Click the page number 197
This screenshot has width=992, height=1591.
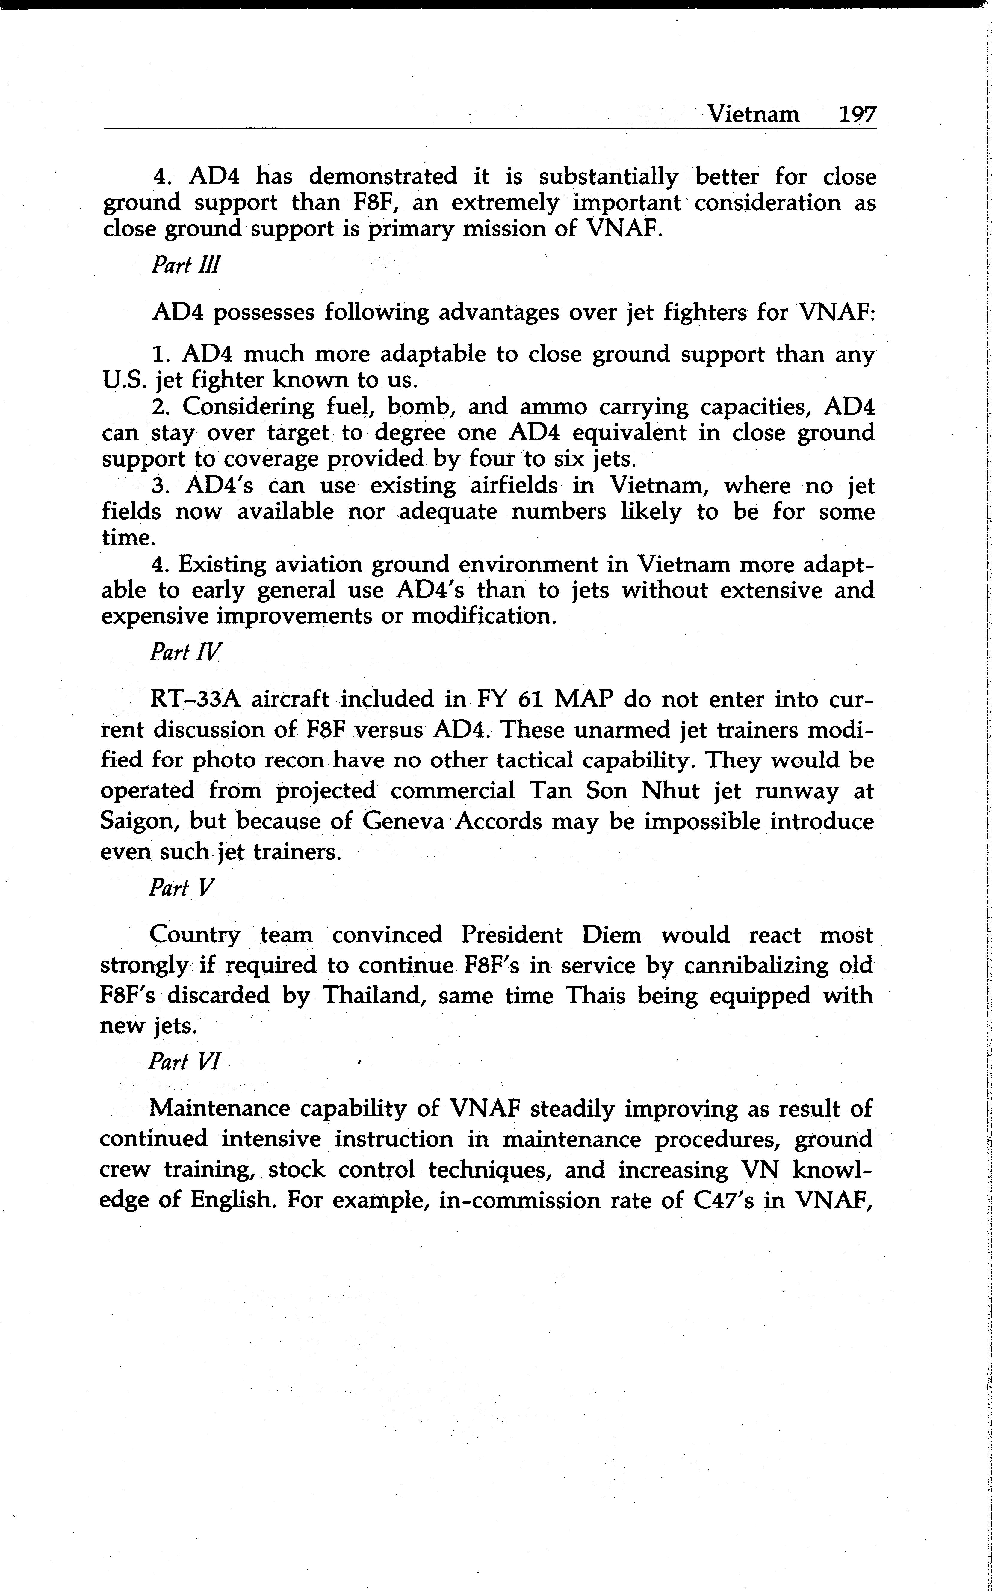[x=857, y=115]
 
